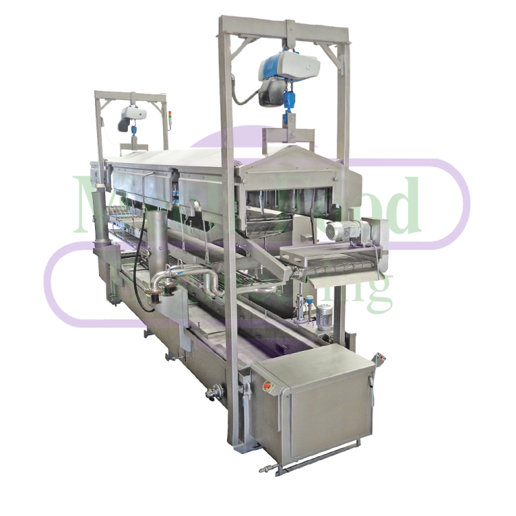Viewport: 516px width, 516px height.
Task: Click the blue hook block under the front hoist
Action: (x=290, y=103)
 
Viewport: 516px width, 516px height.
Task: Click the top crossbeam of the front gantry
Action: (x=286, y=28)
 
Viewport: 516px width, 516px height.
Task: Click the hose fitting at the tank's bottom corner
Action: (x=265, y=471)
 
